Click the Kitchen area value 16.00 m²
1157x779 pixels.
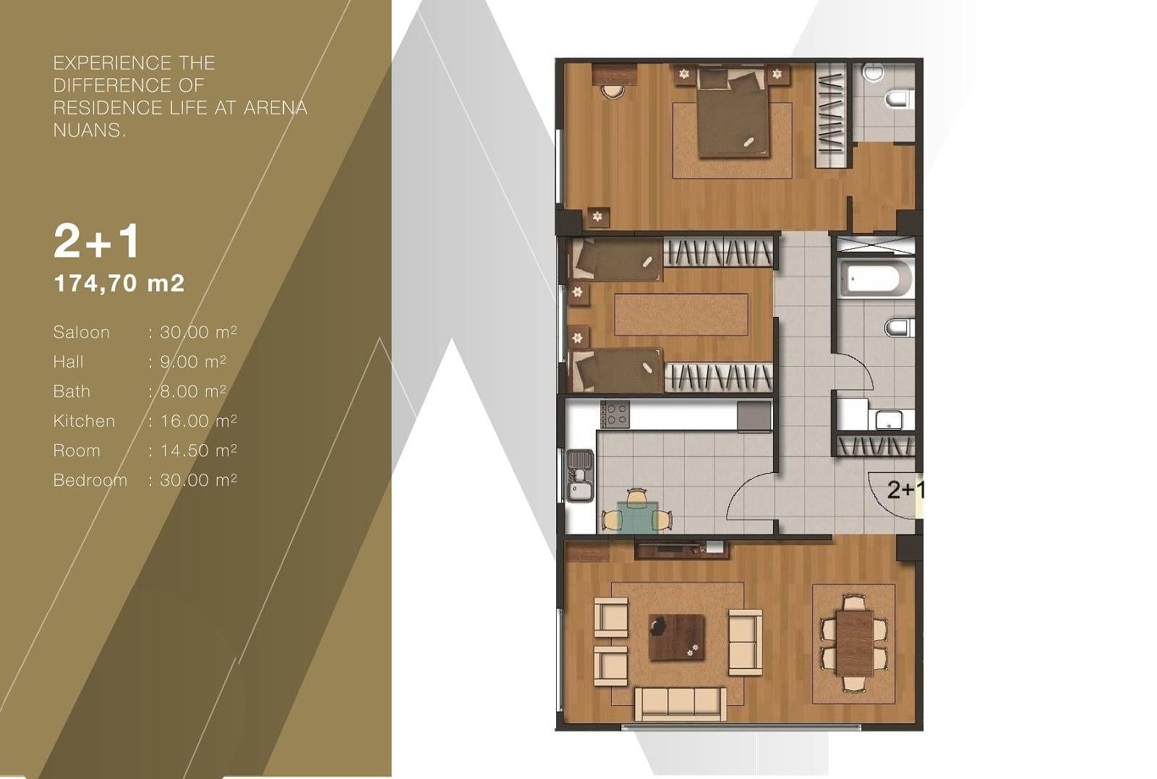[x=198, y=420]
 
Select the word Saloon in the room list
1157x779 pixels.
[x=82, y=332]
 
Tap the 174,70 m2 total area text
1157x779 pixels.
[x=119, y=283]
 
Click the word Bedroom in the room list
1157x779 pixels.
[x=90, y=480]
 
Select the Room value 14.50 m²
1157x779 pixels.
[x=198, y=451]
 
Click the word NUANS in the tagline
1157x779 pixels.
[x=89, y=130]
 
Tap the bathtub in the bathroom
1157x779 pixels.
[x=875, y=279]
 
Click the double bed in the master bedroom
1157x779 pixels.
[x=731, y=113]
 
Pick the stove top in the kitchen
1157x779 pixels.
[x=615, y=414]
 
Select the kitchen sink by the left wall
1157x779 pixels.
[x=580, y=475]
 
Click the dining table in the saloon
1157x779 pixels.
[x=854, y=642]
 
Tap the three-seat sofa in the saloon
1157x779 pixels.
[x=680, y=703]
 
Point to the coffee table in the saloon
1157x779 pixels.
[x=677, y=637]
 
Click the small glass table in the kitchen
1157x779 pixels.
[x=638, y=516]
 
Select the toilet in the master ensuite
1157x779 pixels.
[x=900, y=99]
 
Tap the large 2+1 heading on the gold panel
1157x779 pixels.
[x=97, y=241]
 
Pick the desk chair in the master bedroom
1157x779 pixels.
[x=612, y=92]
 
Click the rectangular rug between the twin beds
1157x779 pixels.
[x=681, y=314]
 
